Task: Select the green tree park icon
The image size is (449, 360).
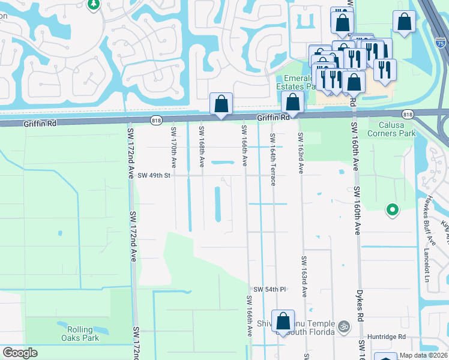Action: pos(94,5)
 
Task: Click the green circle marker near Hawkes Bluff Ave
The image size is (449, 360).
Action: pos(392,209)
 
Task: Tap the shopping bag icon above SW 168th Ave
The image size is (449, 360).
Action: pos(221,104)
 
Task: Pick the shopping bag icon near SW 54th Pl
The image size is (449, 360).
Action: pos(282,320)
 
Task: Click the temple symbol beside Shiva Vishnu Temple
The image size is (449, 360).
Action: pos(344,328)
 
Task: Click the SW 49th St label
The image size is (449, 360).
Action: pos(154,176)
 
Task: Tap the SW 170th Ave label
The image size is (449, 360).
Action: pos(173,147)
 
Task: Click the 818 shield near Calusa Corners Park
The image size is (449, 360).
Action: pos(408,115)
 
